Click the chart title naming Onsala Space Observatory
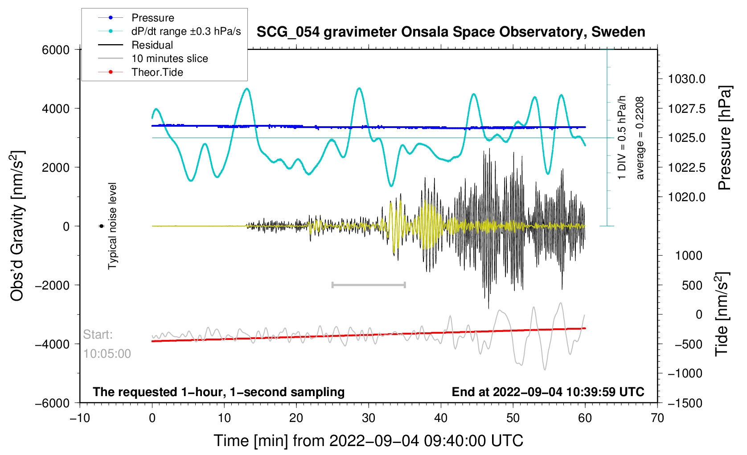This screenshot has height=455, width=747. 451,32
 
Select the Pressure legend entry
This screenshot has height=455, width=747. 152,18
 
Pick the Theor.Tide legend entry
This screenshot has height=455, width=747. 157,72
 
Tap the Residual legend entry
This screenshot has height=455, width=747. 152,45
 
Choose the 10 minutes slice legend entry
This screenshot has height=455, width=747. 169,58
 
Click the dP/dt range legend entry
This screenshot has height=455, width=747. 186,31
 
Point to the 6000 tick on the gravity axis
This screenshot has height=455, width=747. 56,50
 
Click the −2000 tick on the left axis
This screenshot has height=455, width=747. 53,285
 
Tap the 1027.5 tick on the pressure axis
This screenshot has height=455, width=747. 686,109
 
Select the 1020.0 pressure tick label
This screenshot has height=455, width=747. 686,197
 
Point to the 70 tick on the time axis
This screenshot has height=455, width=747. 657,418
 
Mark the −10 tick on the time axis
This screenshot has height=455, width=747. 80,418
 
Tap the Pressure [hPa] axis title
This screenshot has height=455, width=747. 725,138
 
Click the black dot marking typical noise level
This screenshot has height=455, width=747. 102,226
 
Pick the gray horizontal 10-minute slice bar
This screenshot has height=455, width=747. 369,285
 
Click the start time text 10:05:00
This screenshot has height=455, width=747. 107,354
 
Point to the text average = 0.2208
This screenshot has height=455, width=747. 640,138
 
